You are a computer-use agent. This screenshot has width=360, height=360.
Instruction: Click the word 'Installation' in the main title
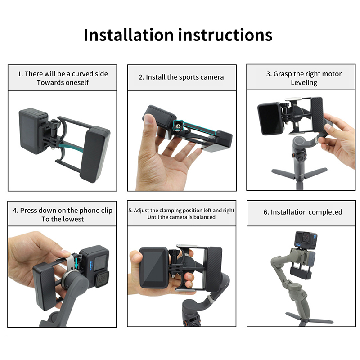click(129, 35)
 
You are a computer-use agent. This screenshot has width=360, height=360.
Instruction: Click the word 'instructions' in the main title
click(225, 35)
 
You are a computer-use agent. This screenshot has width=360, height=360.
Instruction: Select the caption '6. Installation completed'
click(303, 212)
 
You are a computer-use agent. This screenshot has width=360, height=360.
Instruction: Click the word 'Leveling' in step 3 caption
click(304, 82)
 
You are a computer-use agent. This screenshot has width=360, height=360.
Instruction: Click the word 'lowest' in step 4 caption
click(73, 219)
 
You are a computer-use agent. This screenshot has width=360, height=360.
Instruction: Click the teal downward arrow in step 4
click(76, 263)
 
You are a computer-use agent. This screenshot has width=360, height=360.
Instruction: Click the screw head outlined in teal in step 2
click(178, 126)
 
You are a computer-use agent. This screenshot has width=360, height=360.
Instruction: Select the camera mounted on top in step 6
click(306, 240)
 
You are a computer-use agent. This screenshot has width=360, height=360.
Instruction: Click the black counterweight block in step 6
click(301, 274)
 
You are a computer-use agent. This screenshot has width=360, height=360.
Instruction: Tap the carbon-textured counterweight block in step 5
click(215, 268)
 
